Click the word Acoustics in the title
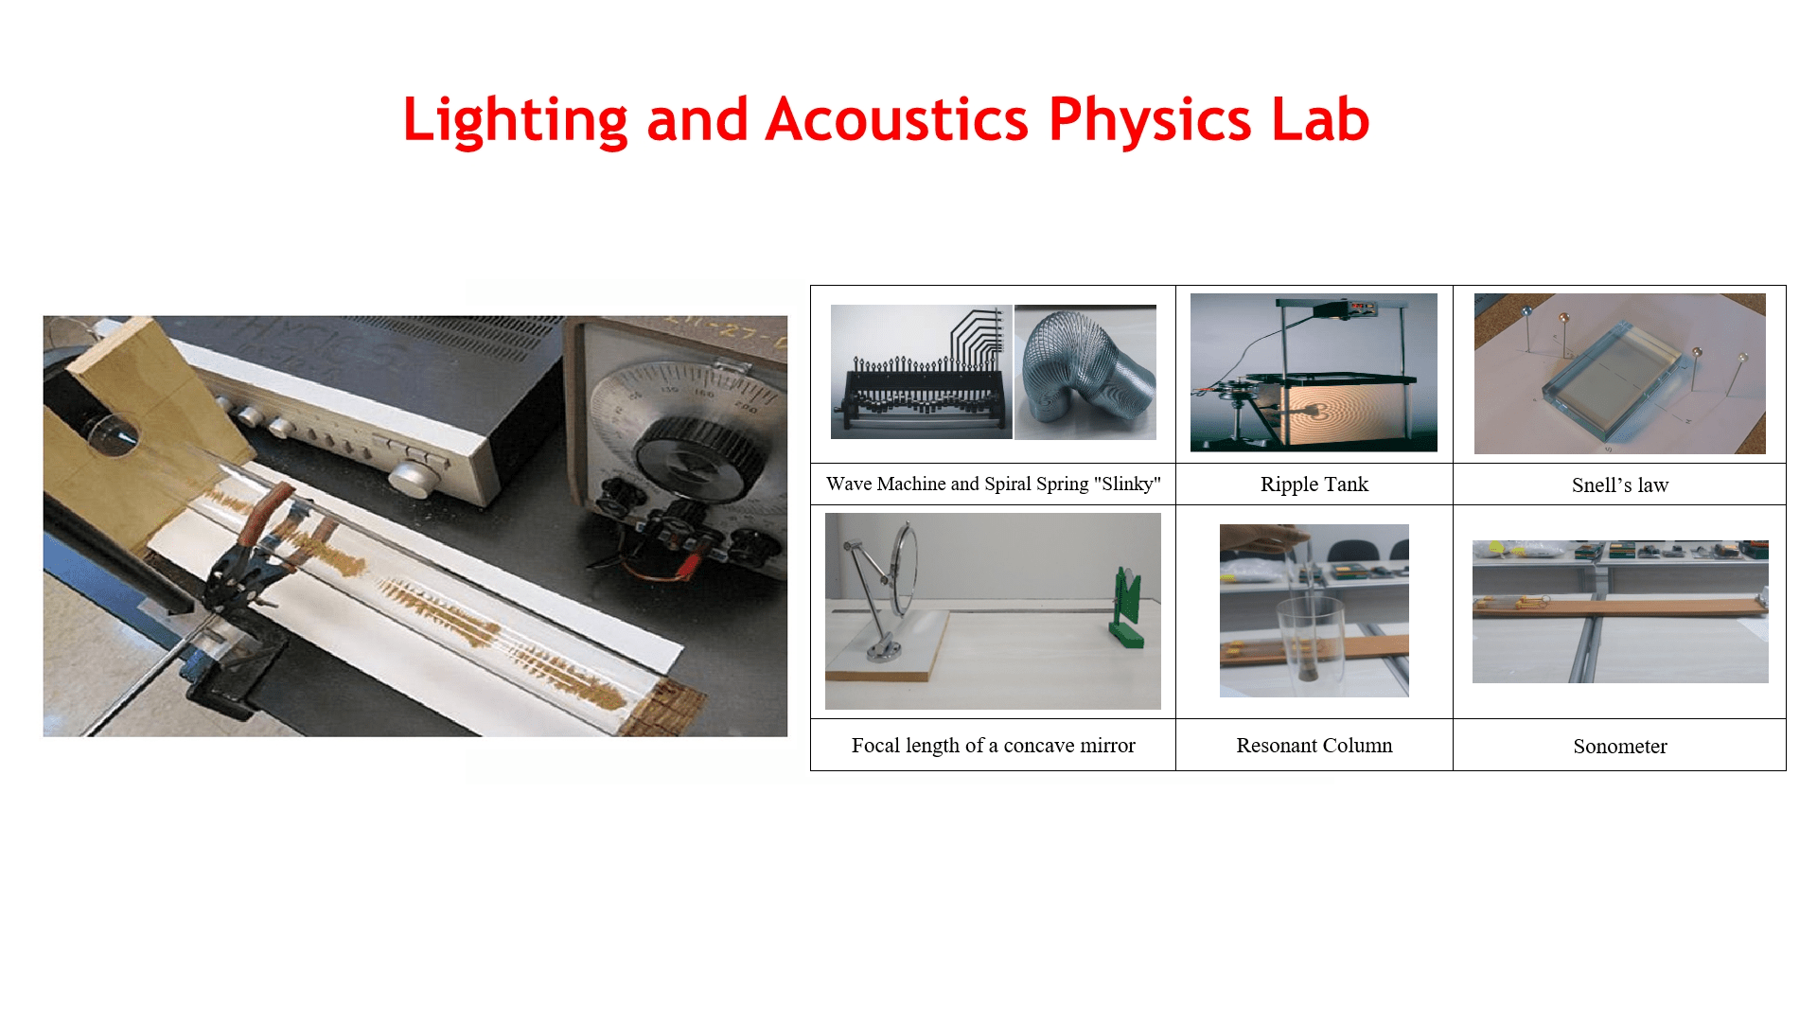point(896,119)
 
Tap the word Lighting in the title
point(515,121)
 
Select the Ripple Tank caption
point(1314,485)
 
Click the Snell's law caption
point(1619,485)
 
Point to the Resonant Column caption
point(1314,746)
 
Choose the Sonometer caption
point(1619,747)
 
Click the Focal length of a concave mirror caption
point(993,746)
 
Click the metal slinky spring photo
point(1085,372)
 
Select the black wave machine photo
point(921,372)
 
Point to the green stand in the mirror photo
point(1127,608)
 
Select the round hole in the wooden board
point(114,434)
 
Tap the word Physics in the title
point(1149,121)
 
